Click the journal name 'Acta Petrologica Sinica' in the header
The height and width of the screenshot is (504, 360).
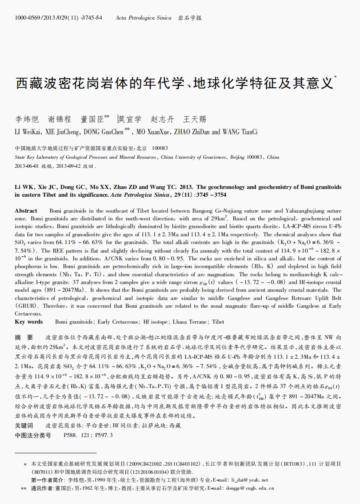click(x=143, y=18)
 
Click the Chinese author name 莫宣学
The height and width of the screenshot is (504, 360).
click(x=130, y=119)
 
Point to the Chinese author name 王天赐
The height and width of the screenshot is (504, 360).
click(x=195, y=119)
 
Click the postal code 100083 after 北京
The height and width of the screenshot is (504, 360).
click(x=160, y=148)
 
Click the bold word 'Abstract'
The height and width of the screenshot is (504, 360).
click(x=26, y=211)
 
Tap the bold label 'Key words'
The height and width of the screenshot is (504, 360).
click(x=29, y=322)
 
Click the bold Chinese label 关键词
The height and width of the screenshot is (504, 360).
click(x=24, y=426)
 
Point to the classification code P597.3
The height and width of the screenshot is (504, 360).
click(x=104, y=435)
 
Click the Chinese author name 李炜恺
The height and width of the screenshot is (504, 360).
click(x=27, y=119)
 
